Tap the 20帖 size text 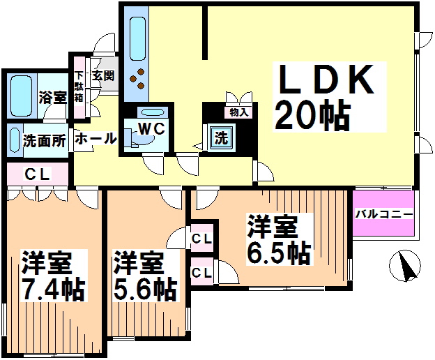(x=312, y=114)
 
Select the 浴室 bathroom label (x=53, y=98)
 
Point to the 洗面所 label (x=45, y=140)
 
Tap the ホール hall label (x=95, y=138)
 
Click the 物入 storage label (x=238, y=111)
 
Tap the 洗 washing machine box (x=220, y=137)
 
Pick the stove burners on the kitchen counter (x=139, y=79)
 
